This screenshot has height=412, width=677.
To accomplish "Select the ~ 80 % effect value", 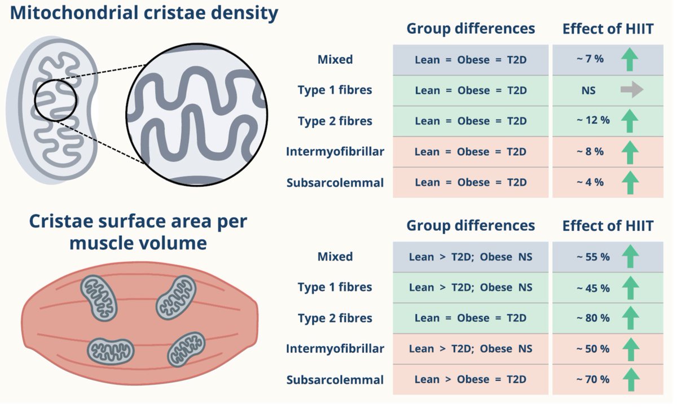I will coord(593,318).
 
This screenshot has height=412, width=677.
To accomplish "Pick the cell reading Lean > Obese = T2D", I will coord(471,380).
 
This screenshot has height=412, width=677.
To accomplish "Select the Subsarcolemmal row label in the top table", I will coord(335,182).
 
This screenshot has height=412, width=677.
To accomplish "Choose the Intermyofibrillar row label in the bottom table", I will coord(335,349).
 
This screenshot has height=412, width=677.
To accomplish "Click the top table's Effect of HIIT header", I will coord(608,29).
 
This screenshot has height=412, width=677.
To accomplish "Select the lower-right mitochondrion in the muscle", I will coord(186,348).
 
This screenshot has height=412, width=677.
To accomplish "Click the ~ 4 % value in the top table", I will coord(590,182).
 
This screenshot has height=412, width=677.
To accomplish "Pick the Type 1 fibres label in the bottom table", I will coord(335,287).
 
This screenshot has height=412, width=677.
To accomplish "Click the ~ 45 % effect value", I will coord(593,288).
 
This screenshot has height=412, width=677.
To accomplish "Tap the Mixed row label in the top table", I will coord(335,59).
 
